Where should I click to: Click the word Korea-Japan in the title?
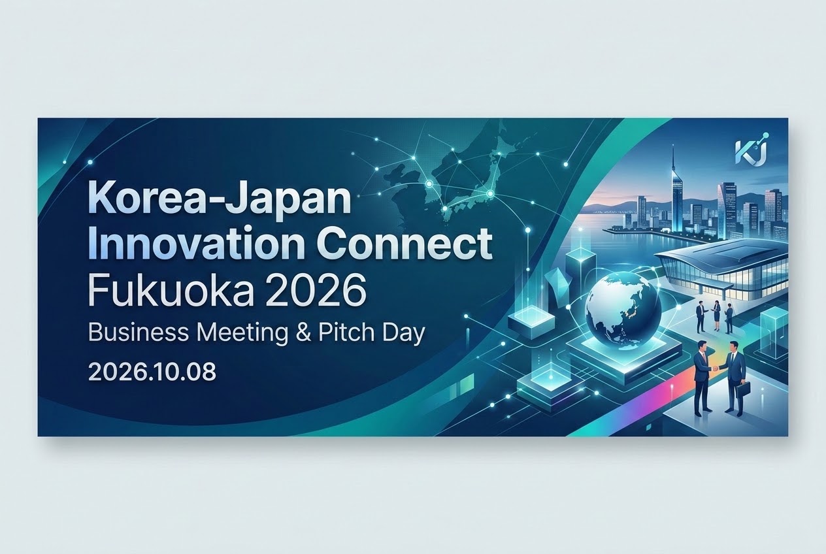pos(219,199)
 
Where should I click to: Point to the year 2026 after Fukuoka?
pos(316,289)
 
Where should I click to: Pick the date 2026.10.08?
pos(152,372)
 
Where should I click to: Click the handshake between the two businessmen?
pos(715,368)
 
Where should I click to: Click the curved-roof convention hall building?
pos(723,271)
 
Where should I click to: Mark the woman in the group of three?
pos(717,316)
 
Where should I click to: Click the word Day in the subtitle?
pos(404,333)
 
